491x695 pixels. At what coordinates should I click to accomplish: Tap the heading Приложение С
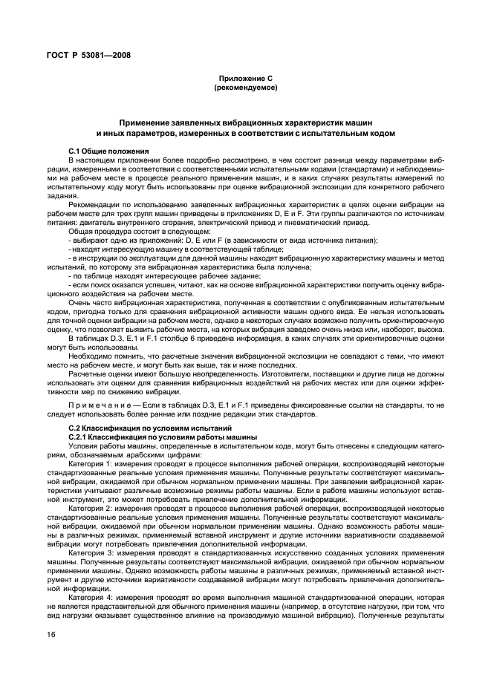click(x=244, y=78)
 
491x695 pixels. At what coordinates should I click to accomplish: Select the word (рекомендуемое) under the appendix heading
click(x=244, y=88)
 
